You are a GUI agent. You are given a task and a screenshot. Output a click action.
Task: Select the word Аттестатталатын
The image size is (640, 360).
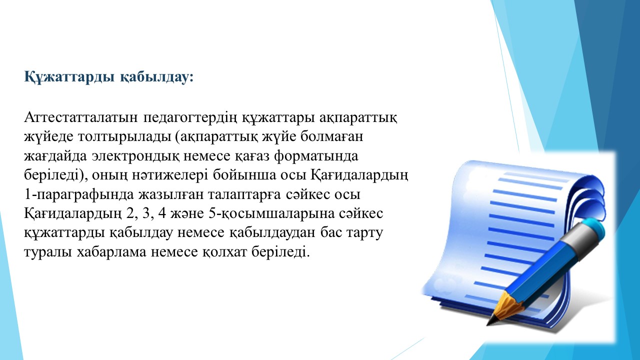pos(81,117)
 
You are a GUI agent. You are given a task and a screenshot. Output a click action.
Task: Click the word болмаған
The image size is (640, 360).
pos(331,136)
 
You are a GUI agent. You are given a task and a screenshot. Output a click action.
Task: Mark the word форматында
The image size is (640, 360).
pos(316,156)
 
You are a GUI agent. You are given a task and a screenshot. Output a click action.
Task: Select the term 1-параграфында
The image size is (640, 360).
pos(79,195)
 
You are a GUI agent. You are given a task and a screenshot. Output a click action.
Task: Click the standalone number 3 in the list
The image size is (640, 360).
pos(146,213)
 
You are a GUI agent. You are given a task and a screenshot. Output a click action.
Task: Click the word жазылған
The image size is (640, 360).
pos(170,195)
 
